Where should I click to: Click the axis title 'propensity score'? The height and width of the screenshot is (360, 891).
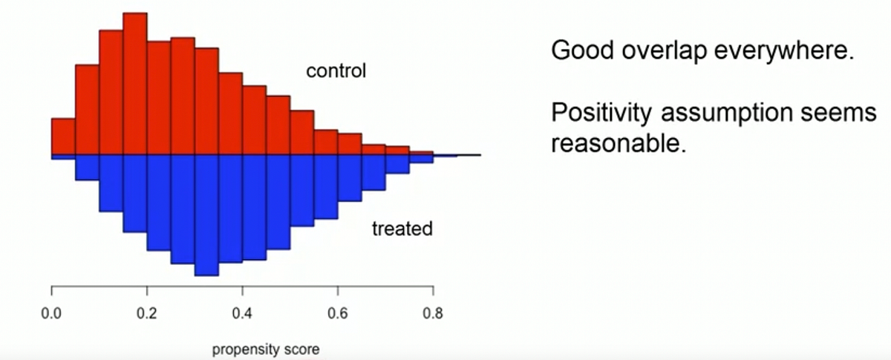[x=266, y=348]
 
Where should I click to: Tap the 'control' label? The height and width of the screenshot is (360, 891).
[x=336, y=72]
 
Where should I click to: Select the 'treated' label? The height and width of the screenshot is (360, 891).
[x=402, y=229]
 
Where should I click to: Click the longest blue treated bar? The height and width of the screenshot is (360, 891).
[x=206, y=215]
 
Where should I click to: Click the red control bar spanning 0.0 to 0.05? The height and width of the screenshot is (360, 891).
[x=63, y=137]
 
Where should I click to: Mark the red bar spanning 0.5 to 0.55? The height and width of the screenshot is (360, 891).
[x=301, y=133]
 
